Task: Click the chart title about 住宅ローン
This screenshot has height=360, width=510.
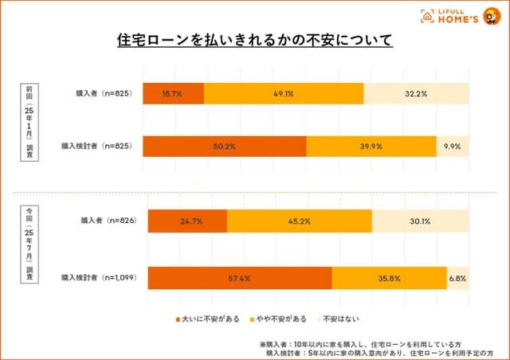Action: (255, 39)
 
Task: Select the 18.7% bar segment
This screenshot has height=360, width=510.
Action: (173, 93)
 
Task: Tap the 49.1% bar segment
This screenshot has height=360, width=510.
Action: (284, 93)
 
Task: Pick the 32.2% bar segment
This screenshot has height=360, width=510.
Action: (416, 93)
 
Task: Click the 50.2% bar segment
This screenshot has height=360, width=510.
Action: (225, 147)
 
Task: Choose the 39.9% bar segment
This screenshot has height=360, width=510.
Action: (371, 147)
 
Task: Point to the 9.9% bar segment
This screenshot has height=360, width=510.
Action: (453, 147)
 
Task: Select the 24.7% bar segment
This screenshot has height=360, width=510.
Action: (187, 221)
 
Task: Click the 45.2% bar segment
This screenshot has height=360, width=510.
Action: (299, 221)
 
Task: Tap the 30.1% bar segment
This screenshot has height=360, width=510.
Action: (420, 221)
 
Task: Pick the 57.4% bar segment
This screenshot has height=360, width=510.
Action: (239, 279)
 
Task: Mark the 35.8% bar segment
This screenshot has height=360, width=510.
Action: (389, 279)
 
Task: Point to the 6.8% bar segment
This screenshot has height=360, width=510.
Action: (457, 279)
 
